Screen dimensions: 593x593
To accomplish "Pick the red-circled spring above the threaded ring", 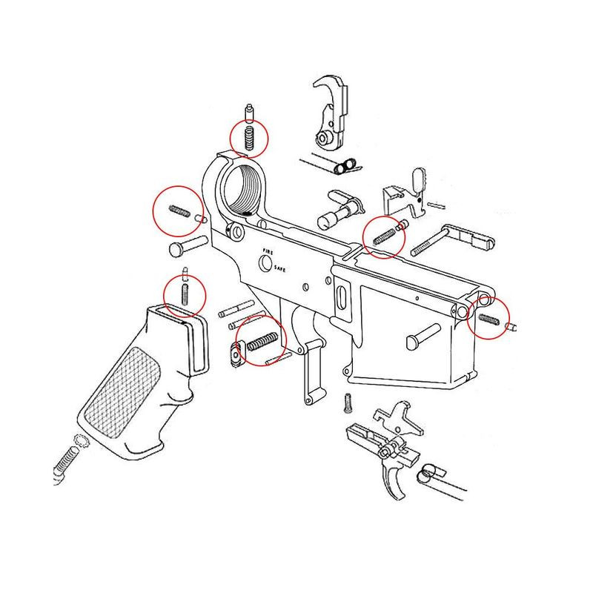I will click(249, 137).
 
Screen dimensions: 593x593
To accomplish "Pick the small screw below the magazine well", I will click(346, 402).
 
